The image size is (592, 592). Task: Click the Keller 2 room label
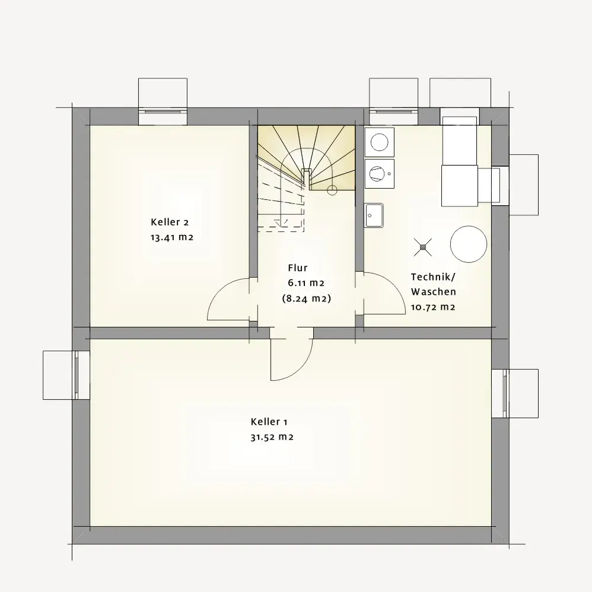(x=170, y=222)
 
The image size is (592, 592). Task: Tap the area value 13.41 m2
(x=172, y=237)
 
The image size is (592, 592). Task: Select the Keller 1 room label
(x=269, y=422)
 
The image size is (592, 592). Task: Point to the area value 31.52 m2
(x=272, y=437)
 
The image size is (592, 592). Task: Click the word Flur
(x=298, y=268)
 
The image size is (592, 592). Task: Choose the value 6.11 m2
(x=306, y=283)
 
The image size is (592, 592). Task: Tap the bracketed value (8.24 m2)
(x=307, y=298)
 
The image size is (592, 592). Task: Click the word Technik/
(x=434, y=277)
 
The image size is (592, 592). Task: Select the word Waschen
(x=434, y=292)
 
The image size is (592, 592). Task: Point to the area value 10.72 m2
(x=433, y=307)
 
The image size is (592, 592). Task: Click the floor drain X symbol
(x=422, y=247)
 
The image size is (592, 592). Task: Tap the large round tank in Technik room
(x=469, y=244)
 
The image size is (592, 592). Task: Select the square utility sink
(x=374, y=215)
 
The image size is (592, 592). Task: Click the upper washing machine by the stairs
(x=380, y=142)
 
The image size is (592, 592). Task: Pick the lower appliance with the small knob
(x=380, y=174)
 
